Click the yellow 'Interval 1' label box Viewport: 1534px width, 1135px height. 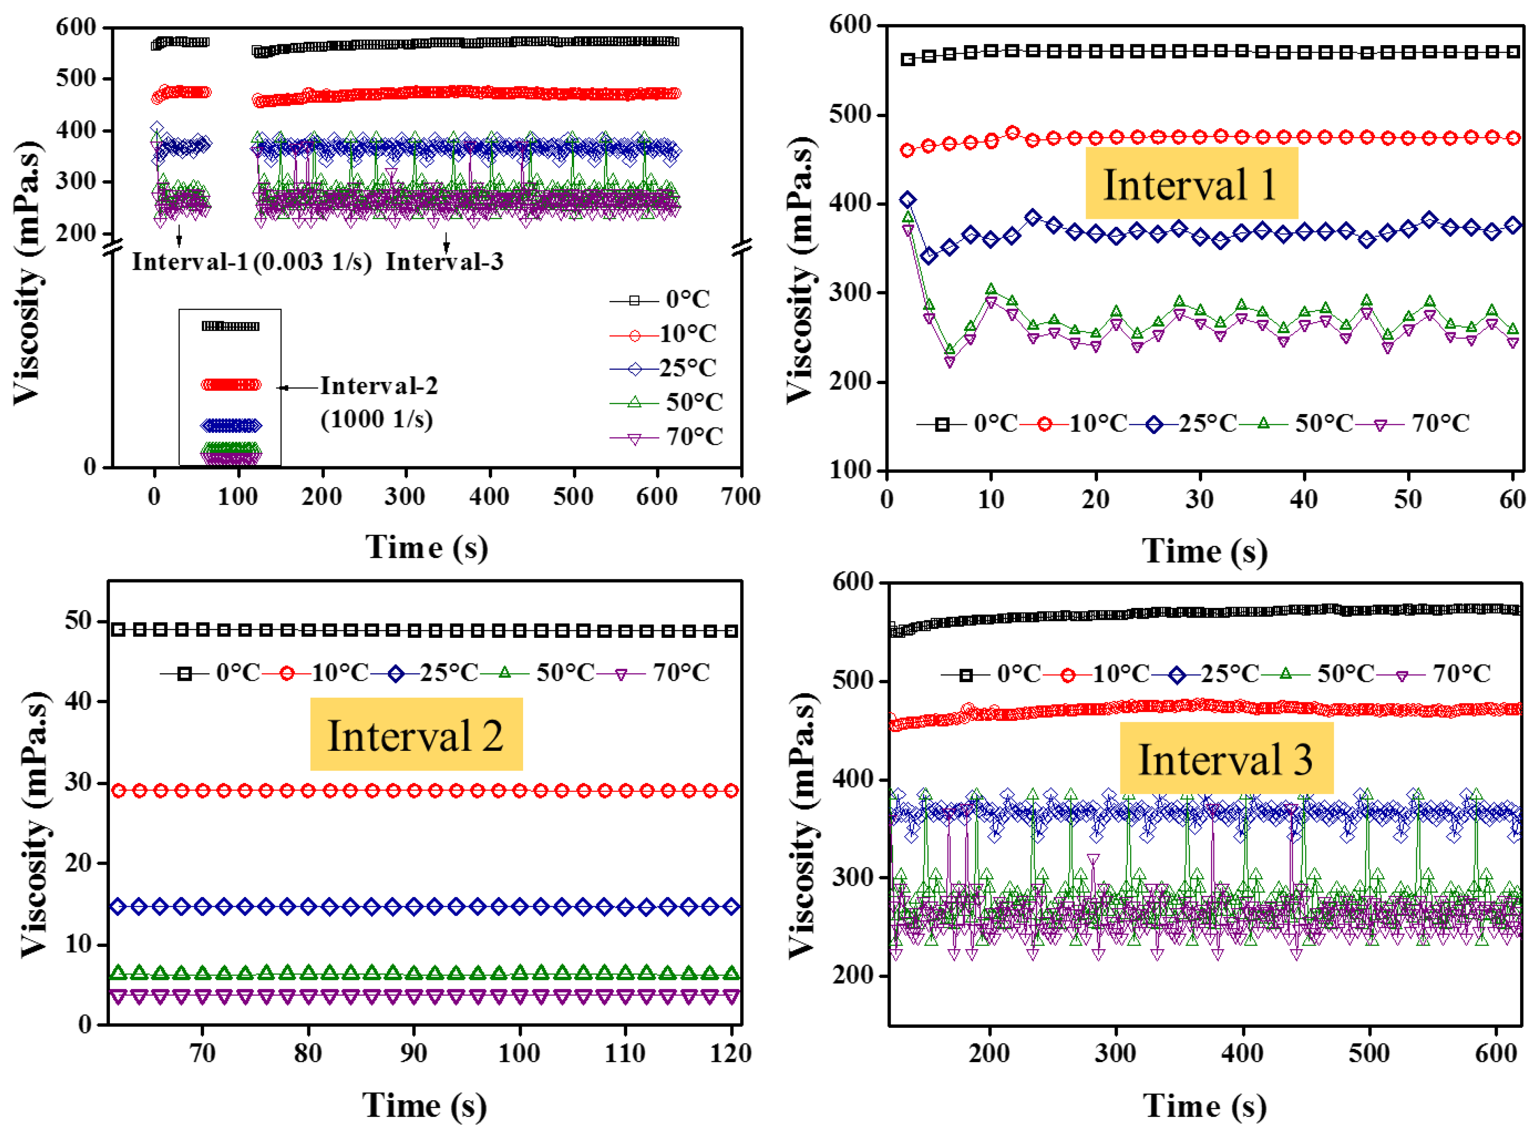tap(1190, 184)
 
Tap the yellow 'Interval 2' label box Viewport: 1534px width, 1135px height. tap(415, 734)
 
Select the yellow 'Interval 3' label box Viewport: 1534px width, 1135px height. tap(1226, 758)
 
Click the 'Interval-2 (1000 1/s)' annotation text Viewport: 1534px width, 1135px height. tap(378, 402)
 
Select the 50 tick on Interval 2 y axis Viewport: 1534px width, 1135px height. tap(78, 620)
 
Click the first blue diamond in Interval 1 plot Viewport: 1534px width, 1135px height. tap(907, 200)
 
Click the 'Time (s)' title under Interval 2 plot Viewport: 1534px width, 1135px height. tap(424, 1106)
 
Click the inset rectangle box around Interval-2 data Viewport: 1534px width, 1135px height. tap(230, 388)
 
